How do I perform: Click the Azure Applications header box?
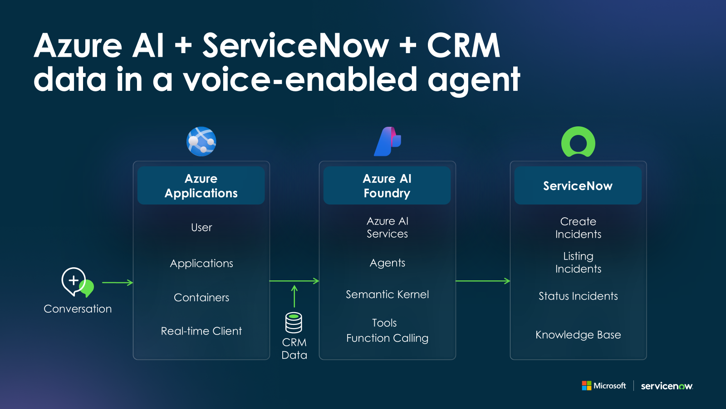[x=201, y=185]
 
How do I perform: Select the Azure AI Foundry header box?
[x=387, y=185]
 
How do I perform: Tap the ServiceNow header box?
[x=578, y=185]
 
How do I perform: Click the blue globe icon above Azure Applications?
[x=201, y=141]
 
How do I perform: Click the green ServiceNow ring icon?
[x=578, y=142]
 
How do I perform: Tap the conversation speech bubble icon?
[x=77, y=282]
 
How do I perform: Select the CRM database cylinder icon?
[x=294, y=323]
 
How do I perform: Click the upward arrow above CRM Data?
[x=294, y=296]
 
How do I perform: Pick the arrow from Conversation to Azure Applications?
[x=118, y=283]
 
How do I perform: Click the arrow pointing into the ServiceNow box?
[x=483, y=281]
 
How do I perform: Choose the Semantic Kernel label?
[x=387, y=294]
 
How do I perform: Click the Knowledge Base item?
[x=578, y=335]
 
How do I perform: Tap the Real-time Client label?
[x=201, y=331]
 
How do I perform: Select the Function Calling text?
[x=387, y=338]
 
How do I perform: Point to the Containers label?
[x=201, y=298]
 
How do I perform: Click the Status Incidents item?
[x=578, y=296]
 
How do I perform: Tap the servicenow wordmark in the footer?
[x=667, y=386]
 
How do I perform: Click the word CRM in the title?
[x=463, y=45]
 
